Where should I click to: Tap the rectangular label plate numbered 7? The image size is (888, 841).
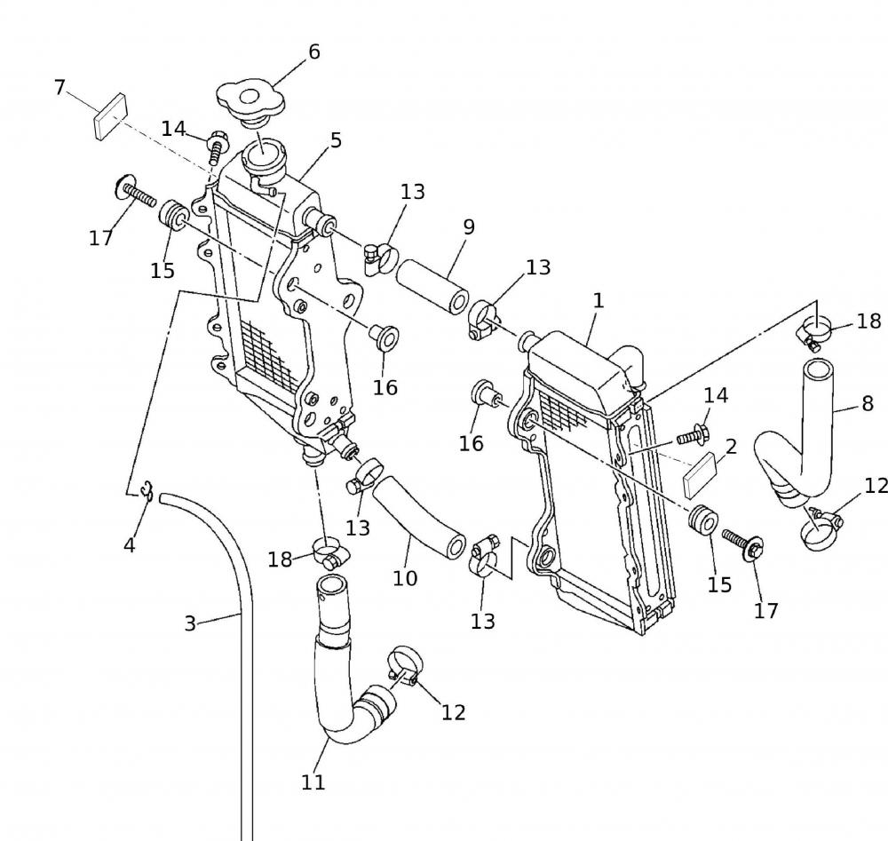(x=111, y=117)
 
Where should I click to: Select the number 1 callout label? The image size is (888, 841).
(x=598, y=301)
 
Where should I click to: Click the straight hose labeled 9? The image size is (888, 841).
(x=433, y=285)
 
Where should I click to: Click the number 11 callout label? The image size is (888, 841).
(x=313, y=781)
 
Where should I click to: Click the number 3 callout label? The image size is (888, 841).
(x=189, y=623)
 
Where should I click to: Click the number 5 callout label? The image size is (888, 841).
(x=335, y=141)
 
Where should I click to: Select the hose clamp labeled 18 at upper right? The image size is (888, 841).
(x=815, y=331)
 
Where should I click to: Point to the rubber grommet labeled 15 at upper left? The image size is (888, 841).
(x=172, y=216)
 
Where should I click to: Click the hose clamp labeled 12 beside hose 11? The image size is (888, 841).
(x=403, y=666)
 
